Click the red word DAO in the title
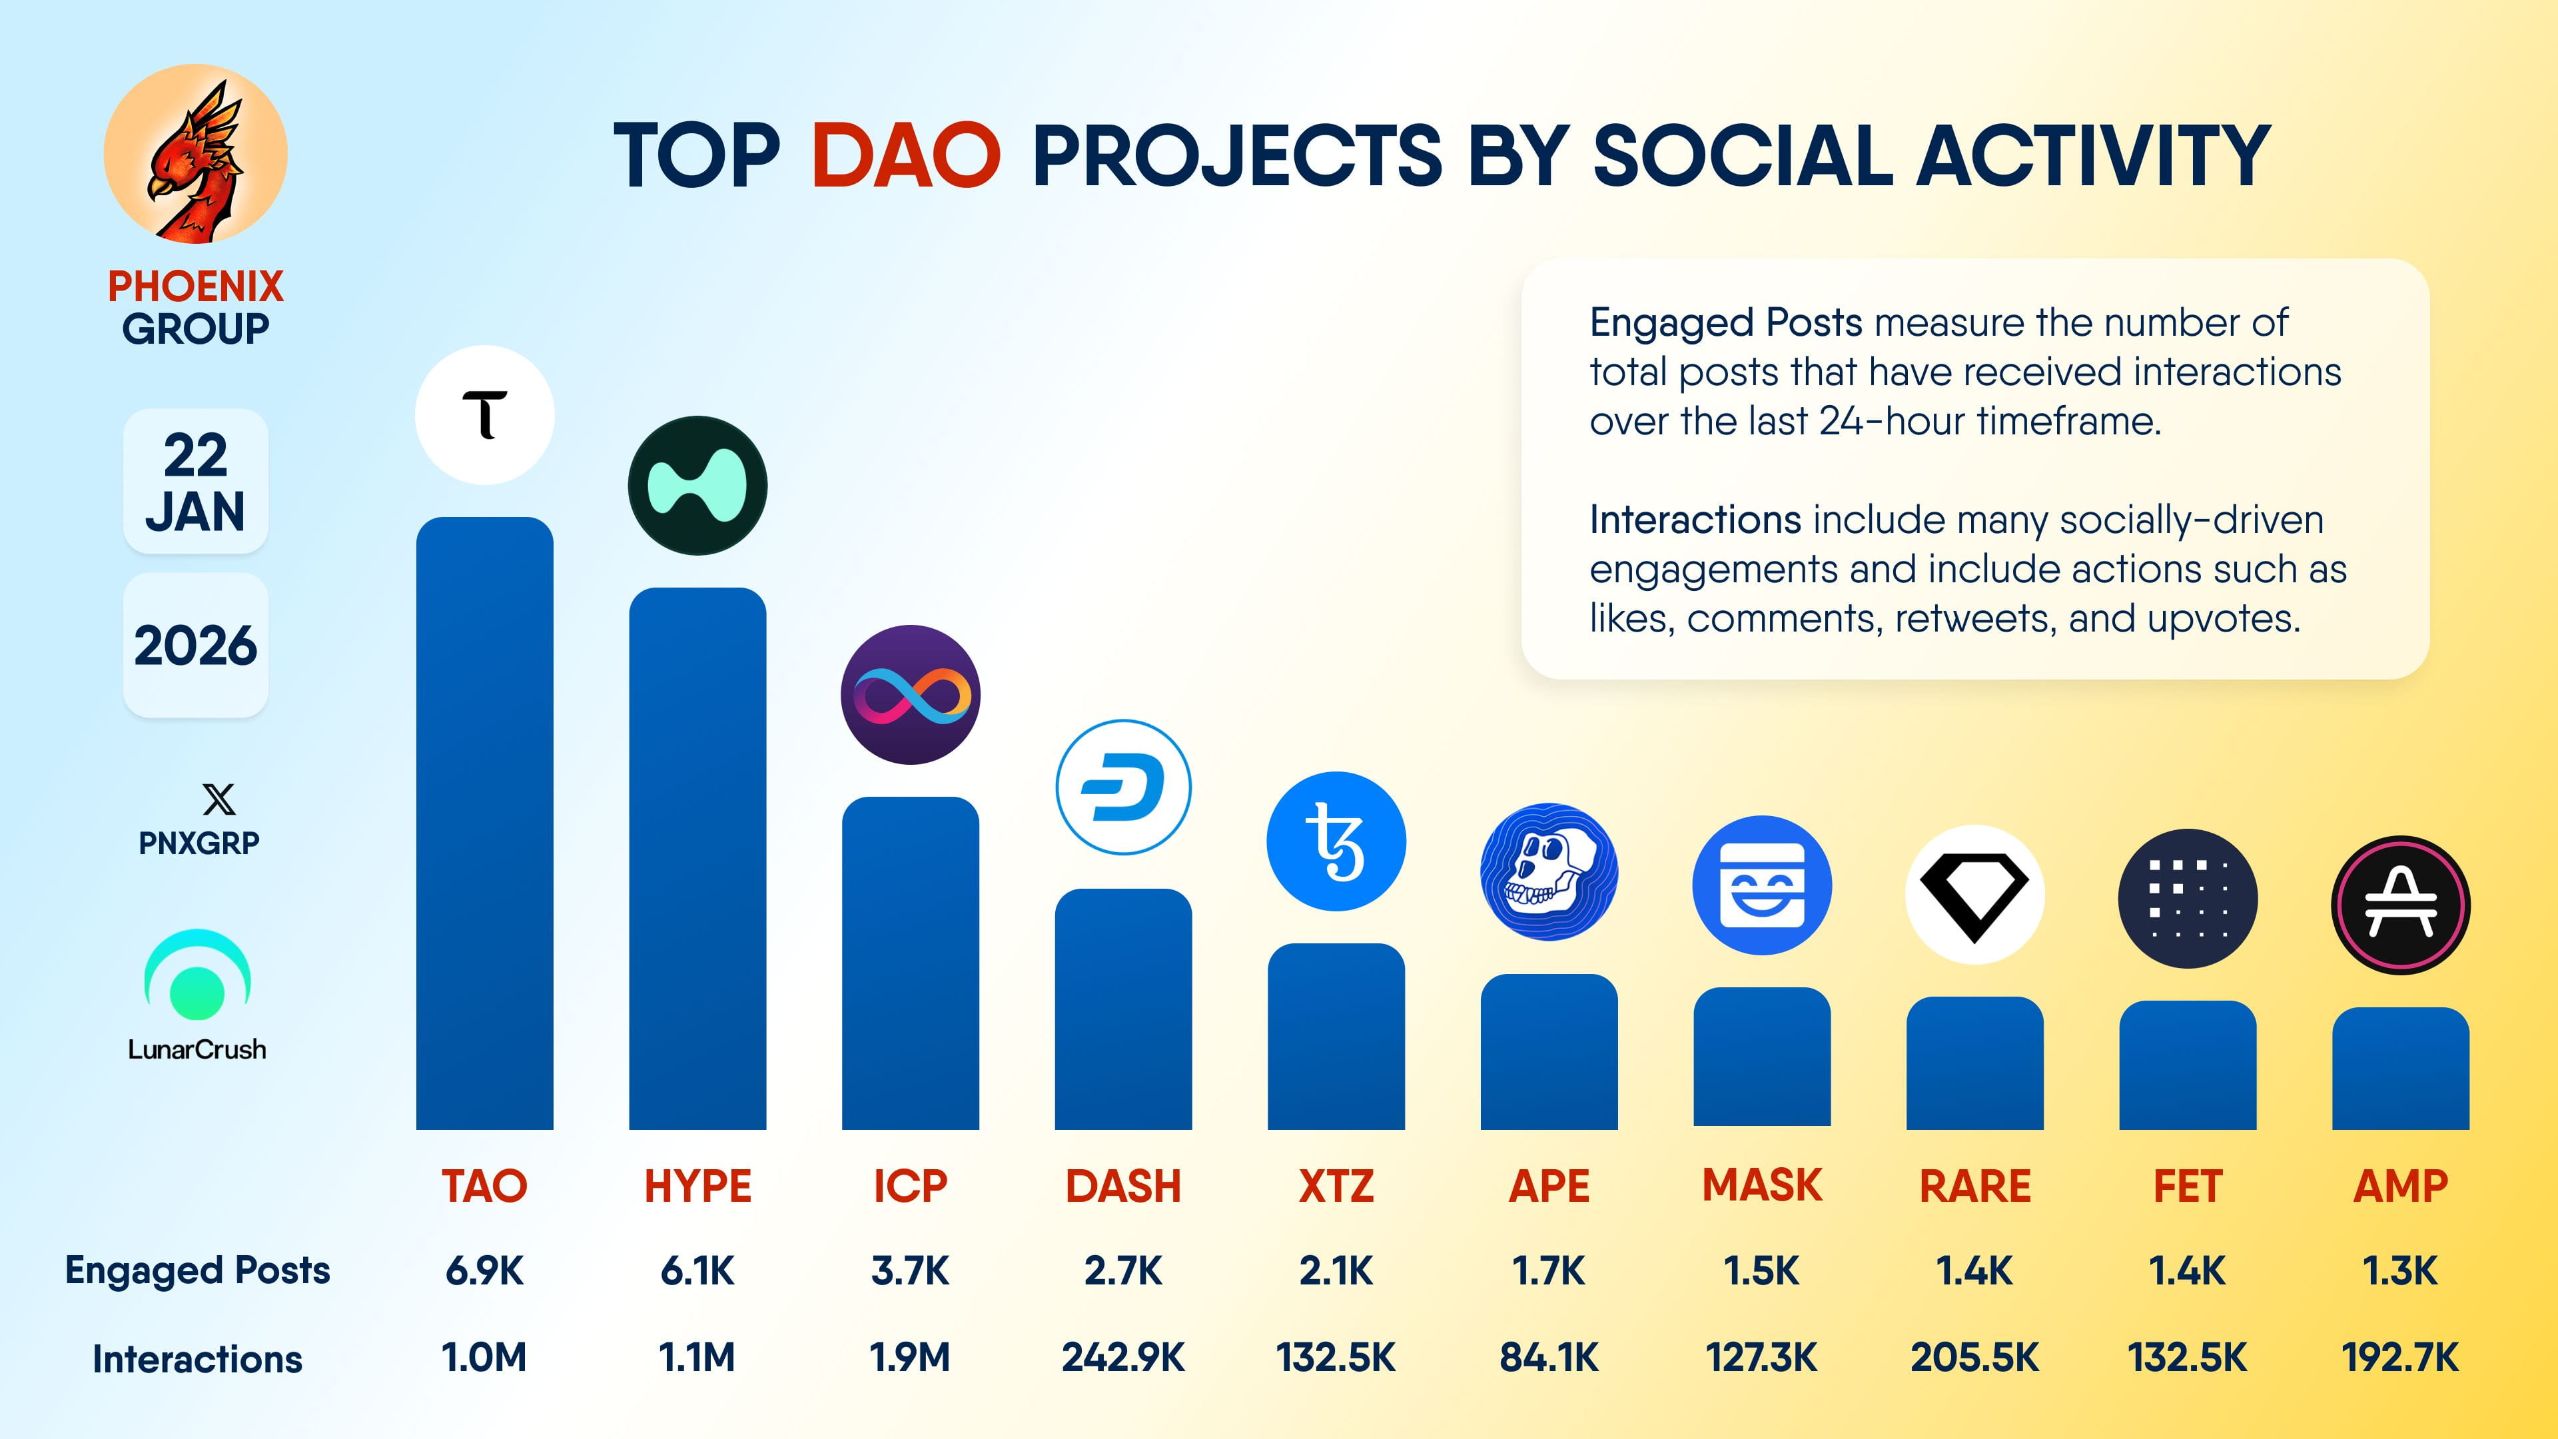905,156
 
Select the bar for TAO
484,824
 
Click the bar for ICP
909,963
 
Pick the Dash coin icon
1123,787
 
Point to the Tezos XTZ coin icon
1336,841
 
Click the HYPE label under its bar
697,1186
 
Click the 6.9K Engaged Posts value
484,1270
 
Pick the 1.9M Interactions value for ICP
909,1356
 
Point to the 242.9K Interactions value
1123,1356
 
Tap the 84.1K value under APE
1549,1356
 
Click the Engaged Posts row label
198,1270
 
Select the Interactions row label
198,1358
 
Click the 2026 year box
196,646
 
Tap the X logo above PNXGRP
218,799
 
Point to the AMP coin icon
2400,905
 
